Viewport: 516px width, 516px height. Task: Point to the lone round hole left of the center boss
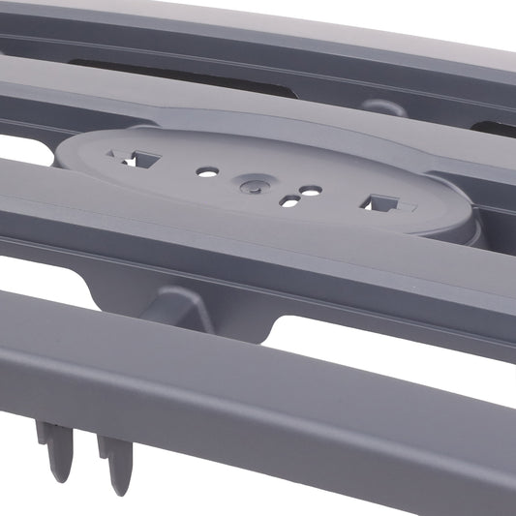[x=207, y=171]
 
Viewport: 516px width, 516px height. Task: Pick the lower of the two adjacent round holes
[x=288, y=201]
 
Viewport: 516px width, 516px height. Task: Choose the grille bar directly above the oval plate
[x=242, y=105]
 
